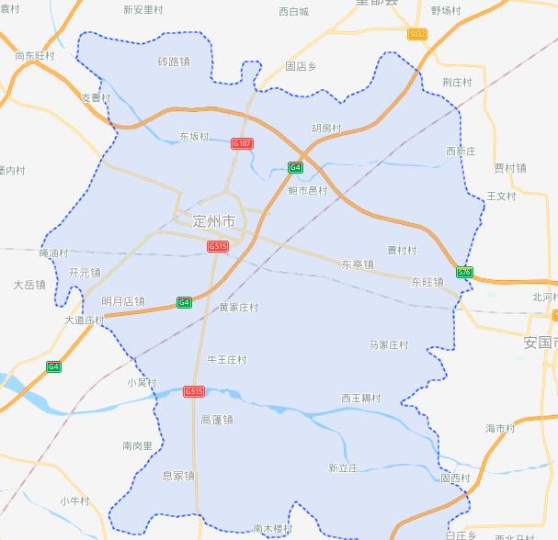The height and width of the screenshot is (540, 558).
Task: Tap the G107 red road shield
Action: pos(243,144)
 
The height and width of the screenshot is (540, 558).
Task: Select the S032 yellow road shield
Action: pos(417,34)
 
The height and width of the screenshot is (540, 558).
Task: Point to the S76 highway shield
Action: pos(464,273)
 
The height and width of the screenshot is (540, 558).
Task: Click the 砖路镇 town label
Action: pos(173,62)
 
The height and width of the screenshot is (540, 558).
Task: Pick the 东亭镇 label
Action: pos(358,264)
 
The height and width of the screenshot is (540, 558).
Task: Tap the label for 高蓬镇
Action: pos(217,420)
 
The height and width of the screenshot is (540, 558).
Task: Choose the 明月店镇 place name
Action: pos(123,301)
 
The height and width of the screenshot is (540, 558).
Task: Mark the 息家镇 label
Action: pos(178,476)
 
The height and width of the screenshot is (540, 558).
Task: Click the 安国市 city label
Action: pos(541,343)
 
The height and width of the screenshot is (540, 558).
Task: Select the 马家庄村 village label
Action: pos(389,345)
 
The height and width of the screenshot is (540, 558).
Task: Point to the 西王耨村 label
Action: pos(360,399)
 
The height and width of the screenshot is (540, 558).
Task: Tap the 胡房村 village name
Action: pos(325,129)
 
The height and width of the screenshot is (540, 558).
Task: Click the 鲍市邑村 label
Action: pos(308,190)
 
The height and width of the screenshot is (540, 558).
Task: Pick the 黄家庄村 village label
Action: pos(238,308)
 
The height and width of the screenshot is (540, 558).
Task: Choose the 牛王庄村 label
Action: pos(227,360)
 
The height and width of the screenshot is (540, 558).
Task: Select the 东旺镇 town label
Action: pos(427,282)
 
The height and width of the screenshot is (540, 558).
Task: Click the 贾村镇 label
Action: pos(510,168)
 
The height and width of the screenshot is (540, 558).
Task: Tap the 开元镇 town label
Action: pos(85,273)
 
